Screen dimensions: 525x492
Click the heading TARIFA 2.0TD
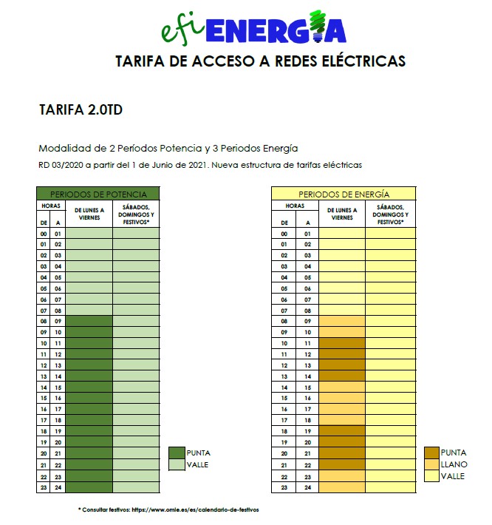click(x=81, y=111)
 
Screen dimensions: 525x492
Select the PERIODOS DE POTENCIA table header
click(x=98, y=194)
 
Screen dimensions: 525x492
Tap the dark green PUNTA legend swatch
click(x=177, y=453)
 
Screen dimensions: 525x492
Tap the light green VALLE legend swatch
click(x=177, y=464)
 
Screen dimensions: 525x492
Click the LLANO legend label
click(x=454, y=464)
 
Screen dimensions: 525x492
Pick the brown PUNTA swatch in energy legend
click(x=431, y=453)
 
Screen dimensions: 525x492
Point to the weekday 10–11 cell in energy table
click(x=342, y=344)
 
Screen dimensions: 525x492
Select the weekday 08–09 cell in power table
click(x=89, y=322)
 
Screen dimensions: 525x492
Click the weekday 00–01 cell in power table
click(x=89, y=233)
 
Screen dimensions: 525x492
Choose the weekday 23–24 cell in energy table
click(x=342, y=487)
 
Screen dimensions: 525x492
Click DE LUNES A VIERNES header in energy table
click(x=342, y=214)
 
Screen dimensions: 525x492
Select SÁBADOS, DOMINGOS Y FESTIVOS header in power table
click(x=135, y=214)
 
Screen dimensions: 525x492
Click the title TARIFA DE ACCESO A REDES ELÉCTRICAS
click(x=261, y=61)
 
